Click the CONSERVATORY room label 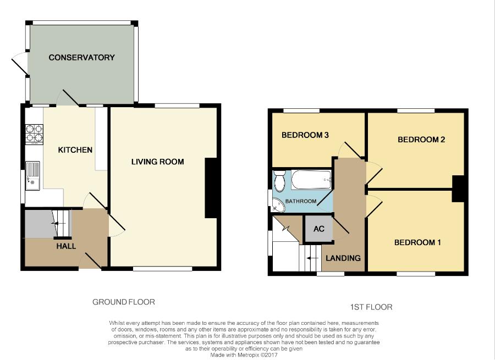[x=81, y=57]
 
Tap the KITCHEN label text [x=75, y=150]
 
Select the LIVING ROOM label [x=157, y=162]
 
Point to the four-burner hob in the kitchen [x=35, y=135]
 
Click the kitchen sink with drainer [x=32, y=176]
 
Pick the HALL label [x=67, y=246]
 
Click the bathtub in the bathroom [x=311, y=180]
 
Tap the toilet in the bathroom [x=279, y=181]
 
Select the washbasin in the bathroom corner [x=278, y=205]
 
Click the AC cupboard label [x=319, y=229]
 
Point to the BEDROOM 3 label [x=305, y=135]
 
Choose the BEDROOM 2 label [x=421, y=140]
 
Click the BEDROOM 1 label [x=417, y=242]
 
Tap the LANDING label [x=343, y=258]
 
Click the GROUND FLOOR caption [x=124, y=302]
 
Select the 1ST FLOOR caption [x=371, y=307]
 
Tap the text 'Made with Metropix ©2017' [x=244, y=355]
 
